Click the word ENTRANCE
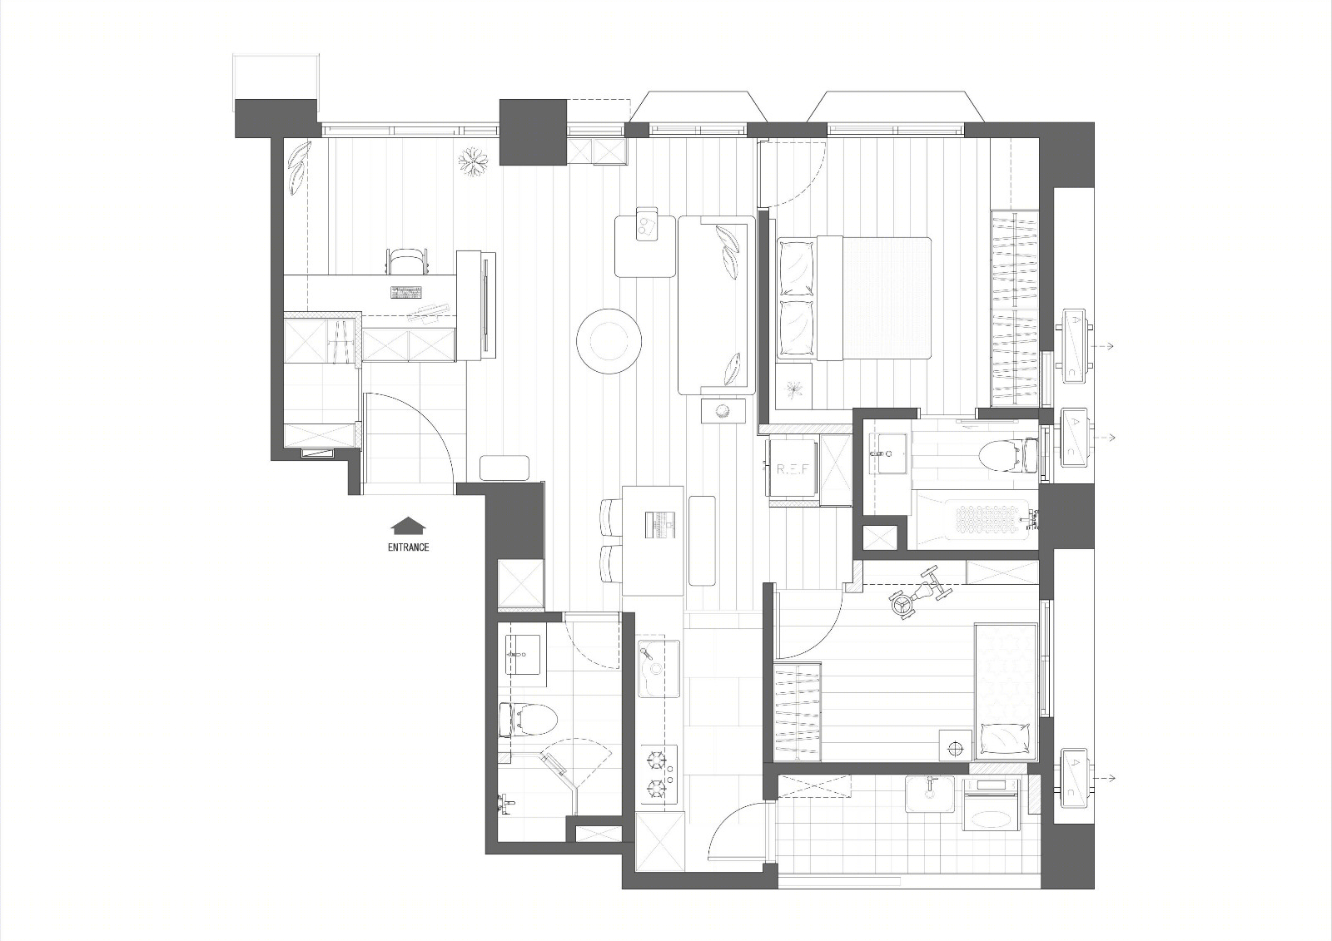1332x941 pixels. pyautogui.click(x=409, y=547)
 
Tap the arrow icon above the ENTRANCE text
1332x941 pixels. pyautogui.click(x=409, y=526)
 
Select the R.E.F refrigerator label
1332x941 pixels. pyautogui.click(x=793, y=469)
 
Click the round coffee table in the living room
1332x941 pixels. pyautogui.click(x=609, y=341)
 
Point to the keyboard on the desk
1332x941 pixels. pyautogui.click(x=406, y=293)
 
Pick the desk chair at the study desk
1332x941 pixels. pyautogui.click(x=408, y=261)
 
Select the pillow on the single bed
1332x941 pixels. pyautogui.click(x=1004, y=740)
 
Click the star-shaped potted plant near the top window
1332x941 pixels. pyautogui.click(x=474, y=161)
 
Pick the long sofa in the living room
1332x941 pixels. pyautogui.click(x=717, y=305)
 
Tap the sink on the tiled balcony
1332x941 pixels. pyautogui.click(x=930, y=794)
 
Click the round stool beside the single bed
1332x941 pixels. pyautogui.click(x=955, y=748)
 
